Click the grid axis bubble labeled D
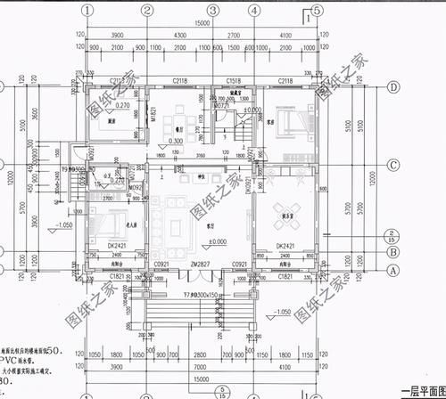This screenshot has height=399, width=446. pos(393,88)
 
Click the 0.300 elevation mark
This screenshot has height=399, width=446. pos(176,141)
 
